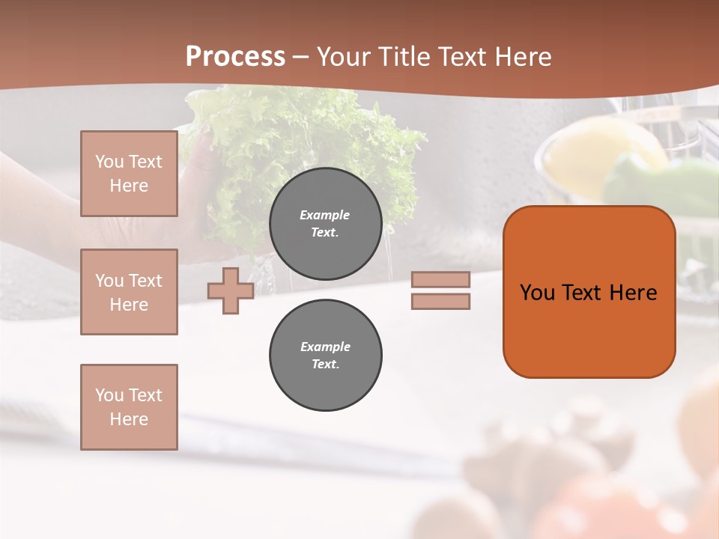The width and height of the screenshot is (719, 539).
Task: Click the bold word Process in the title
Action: click(x=235, y=57)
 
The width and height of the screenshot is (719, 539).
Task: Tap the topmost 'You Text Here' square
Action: click(x=129, y=174)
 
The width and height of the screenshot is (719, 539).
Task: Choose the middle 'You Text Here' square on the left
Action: click(x=129, y=292)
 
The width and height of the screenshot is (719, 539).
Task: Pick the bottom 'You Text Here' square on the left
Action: click(x=129, y=407)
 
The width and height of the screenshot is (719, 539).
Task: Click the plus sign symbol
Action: click(x=230, y=291)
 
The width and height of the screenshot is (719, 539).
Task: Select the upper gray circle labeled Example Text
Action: click(x=325, y=224)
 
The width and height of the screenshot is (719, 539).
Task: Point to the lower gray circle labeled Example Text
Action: click(x=325, y=356)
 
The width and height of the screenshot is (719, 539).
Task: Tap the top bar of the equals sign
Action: click(x=440, y=280)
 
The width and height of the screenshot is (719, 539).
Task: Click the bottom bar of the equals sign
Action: click(x=440, y=301)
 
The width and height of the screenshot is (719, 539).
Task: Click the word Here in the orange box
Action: click(x=633, y=293)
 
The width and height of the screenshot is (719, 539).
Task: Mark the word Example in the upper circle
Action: click(x=325, y=215)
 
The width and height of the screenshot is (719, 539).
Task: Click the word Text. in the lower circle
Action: click(x=325, y=365)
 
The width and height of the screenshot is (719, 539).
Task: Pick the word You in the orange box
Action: click(x=537, y=293)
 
